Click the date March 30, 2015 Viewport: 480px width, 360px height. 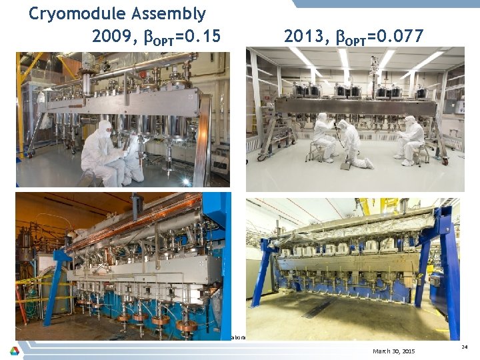[x=393, y=351]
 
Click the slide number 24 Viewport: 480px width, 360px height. [x=464, y=346]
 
